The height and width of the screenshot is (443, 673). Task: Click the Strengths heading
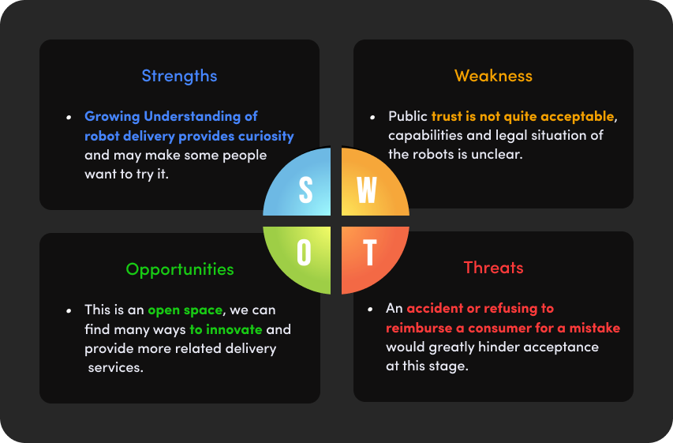[179, 77]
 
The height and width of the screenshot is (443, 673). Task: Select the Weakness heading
[494, 76]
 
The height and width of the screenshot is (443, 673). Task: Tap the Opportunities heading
[180, 270]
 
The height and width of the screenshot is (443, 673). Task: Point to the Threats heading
[494, 268]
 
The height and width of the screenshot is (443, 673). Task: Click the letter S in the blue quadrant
[305, 190]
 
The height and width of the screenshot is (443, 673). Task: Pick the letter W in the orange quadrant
[367, 190]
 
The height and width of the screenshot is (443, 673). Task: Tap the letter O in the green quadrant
[304, 252]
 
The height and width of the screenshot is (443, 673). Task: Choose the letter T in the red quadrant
[369, 252]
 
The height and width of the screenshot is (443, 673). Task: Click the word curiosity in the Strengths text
[266, 136]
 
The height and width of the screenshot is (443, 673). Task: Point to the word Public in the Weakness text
[408, 116]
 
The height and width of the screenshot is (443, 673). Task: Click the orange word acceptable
[578, 116]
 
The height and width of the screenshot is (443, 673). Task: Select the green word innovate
[234, 329]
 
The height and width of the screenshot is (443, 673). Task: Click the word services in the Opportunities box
[115, 367]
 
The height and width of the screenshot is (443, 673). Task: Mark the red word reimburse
[419, 328]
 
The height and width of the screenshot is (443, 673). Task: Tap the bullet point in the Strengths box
[69, 118]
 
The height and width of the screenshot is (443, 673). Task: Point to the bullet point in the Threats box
[370, 309]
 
